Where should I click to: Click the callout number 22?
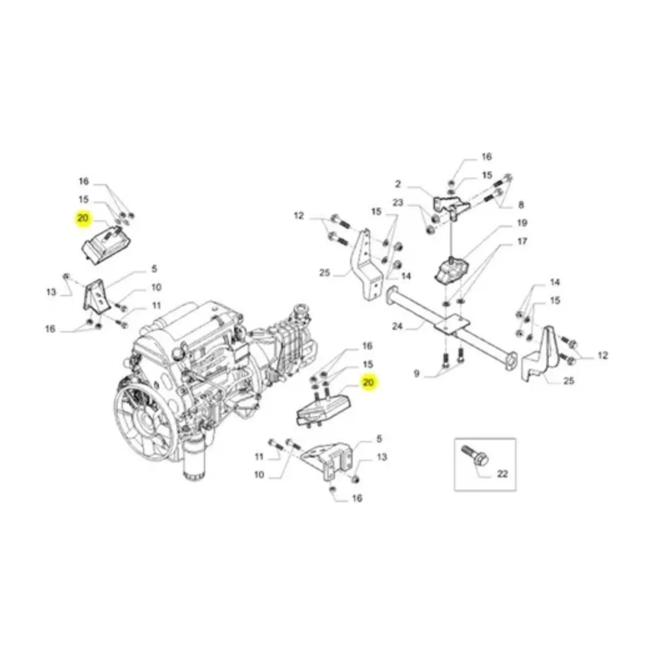pos(502,474)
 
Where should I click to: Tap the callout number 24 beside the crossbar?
pos(398,326)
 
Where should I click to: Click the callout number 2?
pos(398,185)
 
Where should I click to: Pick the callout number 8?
pos(520,205)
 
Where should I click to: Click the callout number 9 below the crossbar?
pos(417,373)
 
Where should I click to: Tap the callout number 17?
pos(521,241)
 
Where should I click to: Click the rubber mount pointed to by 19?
pos(451,272)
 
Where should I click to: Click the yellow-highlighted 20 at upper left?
pos(83,218)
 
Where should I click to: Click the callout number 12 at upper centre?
pos(299,216)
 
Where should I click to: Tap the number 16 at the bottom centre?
pos(357,498)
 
